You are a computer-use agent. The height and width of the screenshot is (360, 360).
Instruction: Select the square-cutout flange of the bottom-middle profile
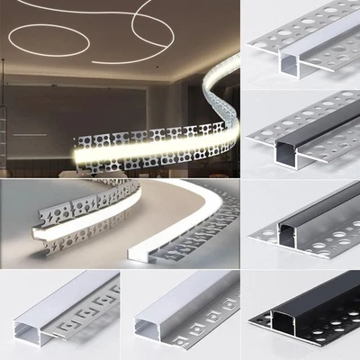click(x=202, y=315)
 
